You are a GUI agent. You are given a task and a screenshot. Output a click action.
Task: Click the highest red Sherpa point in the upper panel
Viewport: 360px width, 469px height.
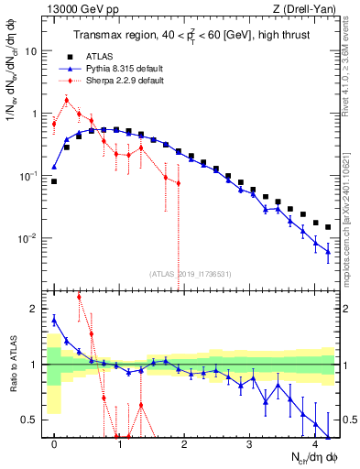tap(67, 100)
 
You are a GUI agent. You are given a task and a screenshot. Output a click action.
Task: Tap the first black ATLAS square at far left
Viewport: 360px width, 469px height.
tap(54, 181)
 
